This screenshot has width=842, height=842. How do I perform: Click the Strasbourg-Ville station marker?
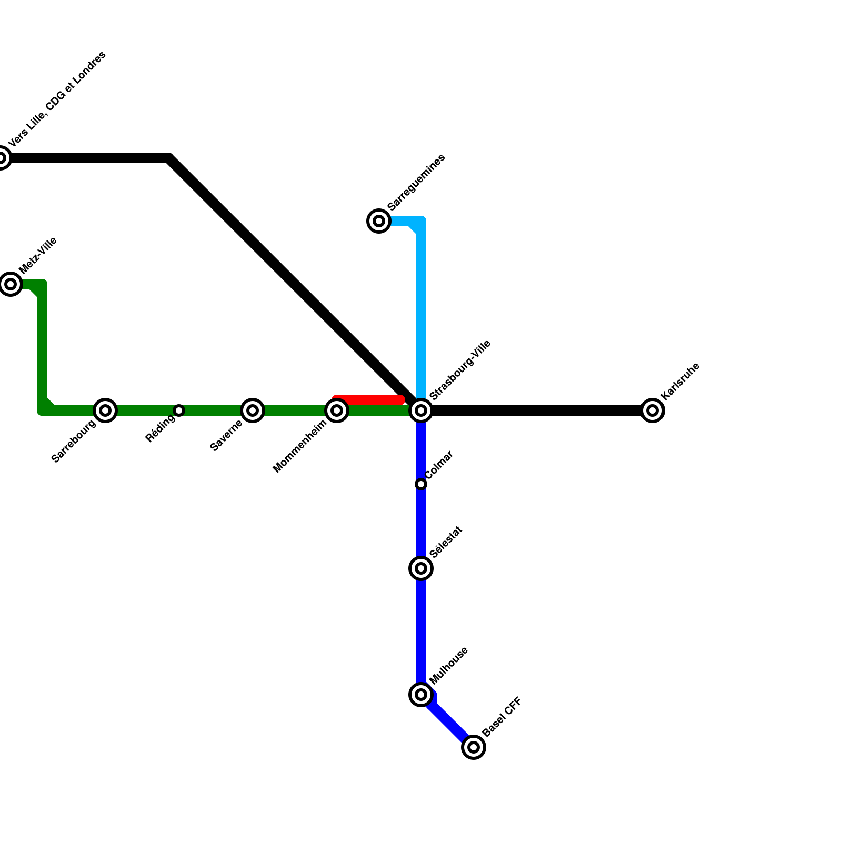421,410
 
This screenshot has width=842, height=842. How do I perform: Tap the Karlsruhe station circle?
653,410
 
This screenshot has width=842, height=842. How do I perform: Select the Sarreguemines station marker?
379,221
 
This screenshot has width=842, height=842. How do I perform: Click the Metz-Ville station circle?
11,284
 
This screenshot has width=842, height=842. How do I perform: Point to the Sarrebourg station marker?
105,410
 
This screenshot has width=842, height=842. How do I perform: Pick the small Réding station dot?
179,410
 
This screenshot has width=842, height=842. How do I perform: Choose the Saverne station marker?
253,410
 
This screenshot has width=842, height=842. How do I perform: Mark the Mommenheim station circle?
337,410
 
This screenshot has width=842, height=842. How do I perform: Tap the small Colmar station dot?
421,484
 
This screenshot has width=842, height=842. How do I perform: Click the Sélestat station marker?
421,568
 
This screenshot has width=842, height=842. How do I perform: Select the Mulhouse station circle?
421,695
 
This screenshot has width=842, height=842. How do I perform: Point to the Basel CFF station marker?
474,747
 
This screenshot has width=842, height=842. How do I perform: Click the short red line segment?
368,399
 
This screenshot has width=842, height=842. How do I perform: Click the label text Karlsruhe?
680,381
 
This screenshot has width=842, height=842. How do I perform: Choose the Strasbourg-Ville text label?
460,369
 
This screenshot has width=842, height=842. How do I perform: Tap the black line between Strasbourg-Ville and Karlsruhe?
537,410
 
